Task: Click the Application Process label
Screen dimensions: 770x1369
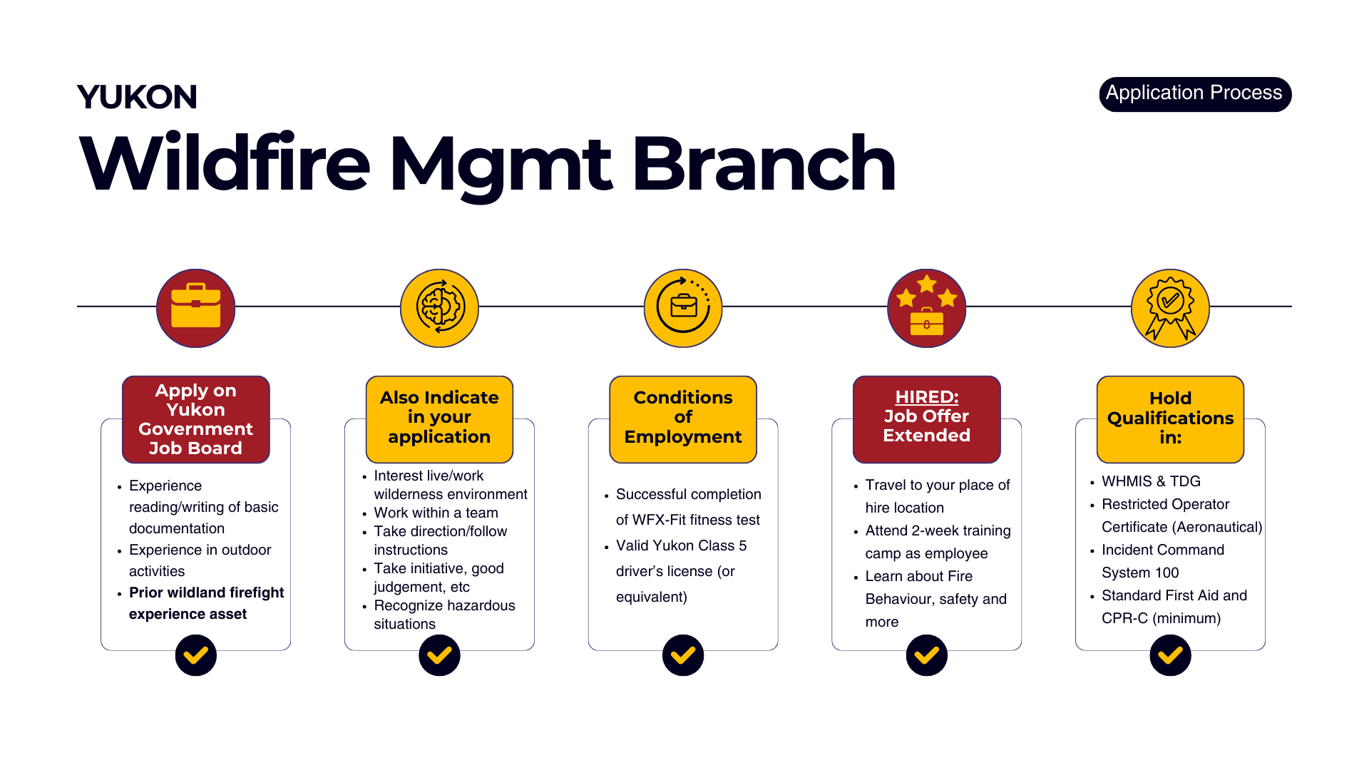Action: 1194,93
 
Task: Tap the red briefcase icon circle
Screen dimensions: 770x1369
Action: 196,308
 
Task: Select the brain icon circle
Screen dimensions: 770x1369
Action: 439,308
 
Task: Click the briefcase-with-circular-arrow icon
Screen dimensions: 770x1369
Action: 683,308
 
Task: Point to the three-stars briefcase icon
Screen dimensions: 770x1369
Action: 926,308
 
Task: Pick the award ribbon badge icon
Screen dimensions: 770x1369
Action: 1170,308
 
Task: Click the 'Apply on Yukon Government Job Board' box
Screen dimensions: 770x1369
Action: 196,419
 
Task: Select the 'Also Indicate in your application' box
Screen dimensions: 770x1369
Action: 439,419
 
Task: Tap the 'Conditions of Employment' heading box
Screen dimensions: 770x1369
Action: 683,419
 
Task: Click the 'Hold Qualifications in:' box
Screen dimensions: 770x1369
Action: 1170,419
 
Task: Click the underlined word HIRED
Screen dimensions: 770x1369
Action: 926,397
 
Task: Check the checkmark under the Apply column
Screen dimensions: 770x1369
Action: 196,655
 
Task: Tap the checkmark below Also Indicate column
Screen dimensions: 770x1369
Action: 439,655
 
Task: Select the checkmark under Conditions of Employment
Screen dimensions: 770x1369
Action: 683,655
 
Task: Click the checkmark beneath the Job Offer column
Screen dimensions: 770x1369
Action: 926,655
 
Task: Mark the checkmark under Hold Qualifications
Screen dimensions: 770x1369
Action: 1170,655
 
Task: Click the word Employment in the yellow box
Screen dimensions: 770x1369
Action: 683,437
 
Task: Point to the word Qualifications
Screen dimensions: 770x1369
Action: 1170,419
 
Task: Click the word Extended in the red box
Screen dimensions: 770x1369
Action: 926,436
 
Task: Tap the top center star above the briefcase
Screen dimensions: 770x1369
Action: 927,284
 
